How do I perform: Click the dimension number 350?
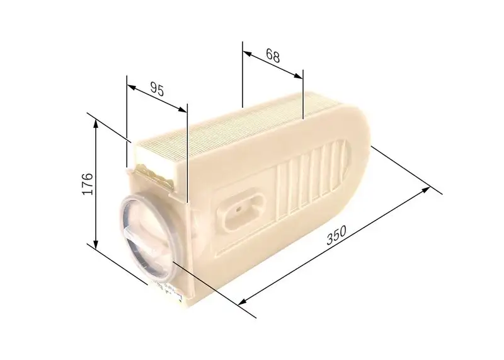[337, 236]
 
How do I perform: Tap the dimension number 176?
[88, 183]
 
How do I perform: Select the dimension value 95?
[157, 90]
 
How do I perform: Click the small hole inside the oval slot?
[240, 206]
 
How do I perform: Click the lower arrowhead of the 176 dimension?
[96, 247]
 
